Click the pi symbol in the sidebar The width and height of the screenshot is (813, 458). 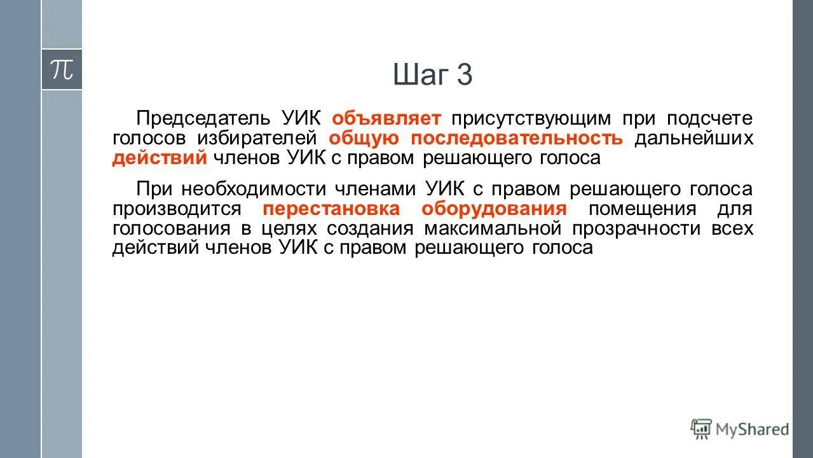(62, 69)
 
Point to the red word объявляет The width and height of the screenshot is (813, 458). (386, 118)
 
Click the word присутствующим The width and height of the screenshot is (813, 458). (531, 118)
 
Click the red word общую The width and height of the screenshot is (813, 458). (364, 138)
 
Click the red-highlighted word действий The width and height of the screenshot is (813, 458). (160, 158)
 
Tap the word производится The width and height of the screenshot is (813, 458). (177, 209)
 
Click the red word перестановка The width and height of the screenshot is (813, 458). (331, 209)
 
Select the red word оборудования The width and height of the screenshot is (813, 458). (494, 209)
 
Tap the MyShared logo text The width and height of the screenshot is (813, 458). (751, 429)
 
